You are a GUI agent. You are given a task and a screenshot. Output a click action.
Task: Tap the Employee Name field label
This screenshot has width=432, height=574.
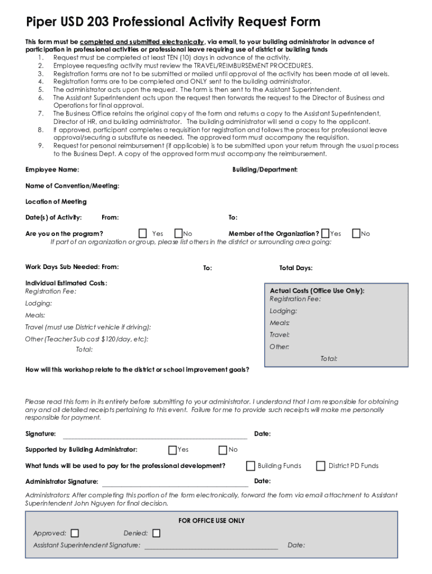coord(52,170)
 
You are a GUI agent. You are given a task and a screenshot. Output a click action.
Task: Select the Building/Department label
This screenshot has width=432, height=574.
coord(265,170)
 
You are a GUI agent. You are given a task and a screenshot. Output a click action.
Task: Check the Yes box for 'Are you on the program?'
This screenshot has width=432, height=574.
coord(143,233)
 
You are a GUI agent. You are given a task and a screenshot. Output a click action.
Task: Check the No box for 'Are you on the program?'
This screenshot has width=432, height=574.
coord(178,233)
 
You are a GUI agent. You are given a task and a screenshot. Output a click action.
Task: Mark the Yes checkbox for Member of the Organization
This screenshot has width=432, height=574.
coord(325,233)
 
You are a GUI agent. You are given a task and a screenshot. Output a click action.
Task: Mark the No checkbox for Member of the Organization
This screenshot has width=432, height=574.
coord(356,233)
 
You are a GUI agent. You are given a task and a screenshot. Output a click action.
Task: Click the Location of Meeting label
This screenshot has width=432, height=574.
coord(56,202)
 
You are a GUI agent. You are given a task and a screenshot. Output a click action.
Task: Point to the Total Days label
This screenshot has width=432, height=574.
coord(296,268)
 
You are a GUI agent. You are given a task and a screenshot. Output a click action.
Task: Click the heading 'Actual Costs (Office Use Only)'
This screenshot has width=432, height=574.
coord(317,291)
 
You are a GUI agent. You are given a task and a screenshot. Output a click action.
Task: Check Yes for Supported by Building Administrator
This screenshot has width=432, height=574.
coord(172,450)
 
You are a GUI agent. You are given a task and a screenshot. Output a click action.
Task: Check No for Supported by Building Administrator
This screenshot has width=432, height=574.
coord(223,450)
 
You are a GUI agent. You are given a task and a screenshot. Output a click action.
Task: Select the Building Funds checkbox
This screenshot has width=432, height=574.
coord(251,465)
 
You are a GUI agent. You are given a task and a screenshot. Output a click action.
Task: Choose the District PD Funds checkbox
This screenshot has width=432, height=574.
coord(321,465)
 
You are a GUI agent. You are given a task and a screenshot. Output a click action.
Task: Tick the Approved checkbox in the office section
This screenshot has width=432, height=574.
coord(75,533)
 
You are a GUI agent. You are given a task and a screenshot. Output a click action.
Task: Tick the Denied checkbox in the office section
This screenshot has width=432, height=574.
coord(156,533)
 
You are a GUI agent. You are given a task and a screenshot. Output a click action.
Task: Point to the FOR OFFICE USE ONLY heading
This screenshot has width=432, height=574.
coord(212,521)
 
